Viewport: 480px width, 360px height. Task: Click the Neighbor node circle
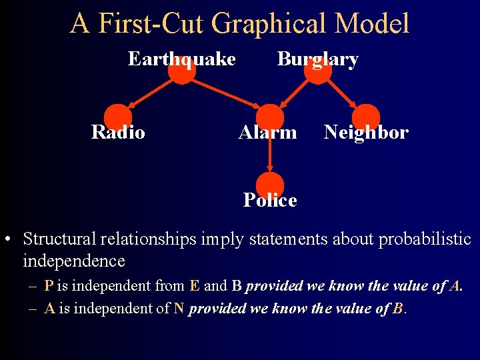pyautogui.click(x=366, y=118)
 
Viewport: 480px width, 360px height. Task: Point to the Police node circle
pyautogui.click(x=269, y=186)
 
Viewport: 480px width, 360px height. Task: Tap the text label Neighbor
pyautogui.click(x=366, y=133)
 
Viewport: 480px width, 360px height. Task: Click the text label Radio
pyautogui.click(x=118, y=133)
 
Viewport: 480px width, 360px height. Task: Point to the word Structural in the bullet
pyautogui.click(x=61, y=239)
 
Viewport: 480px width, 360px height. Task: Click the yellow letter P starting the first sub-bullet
pyautogui.click(x=49, y=286)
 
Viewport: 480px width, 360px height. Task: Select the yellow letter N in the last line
pyautogui.click(x=178, y=309)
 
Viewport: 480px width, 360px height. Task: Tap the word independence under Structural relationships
pyautogui.click(x=73, y=260)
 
